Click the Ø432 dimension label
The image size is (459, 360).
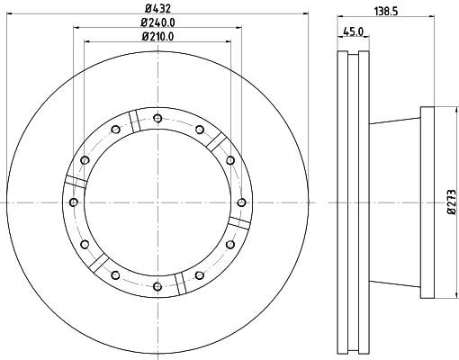pyautogui.click(x=157, y=8)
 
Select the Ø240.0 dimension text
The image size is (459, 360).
pyautogui.click(x=157, y=22)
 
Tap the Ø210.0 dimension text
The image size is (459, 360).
pyautogui.click(x=157, y=37)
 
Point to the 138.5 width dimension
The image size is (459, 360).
pyautogui.click(x=386, y=12)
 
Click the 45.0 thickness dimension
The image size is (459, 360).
pyautogui.click(x=354, y=31)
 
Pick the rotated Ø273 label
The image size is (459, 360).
pyautogui.click(x=452, y=202)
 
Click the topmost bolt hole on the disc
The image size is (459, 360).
pyautogui.click(x=157, y=119)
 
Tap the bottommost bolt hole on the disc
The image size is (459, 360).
pyautogui.click(x=157, y=287)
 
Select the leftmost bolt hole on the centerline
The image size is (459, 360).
pyautogui.click(x=74, y=202)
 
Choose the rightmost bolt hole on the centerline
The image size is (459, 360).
pyautogui.click(x=241, y=202)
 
